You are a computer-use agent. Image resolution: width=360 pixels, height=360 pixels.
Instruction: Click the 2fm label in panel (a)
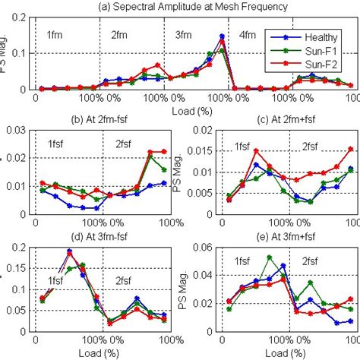(x=119, y=34)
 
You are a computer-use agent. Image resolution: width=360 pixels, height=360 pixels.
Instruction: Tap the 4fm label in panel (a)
(x=248, y=34)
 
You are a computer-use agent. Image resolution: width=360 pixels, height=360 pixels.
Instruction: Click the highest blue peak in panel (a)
(x=222, y=36)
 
